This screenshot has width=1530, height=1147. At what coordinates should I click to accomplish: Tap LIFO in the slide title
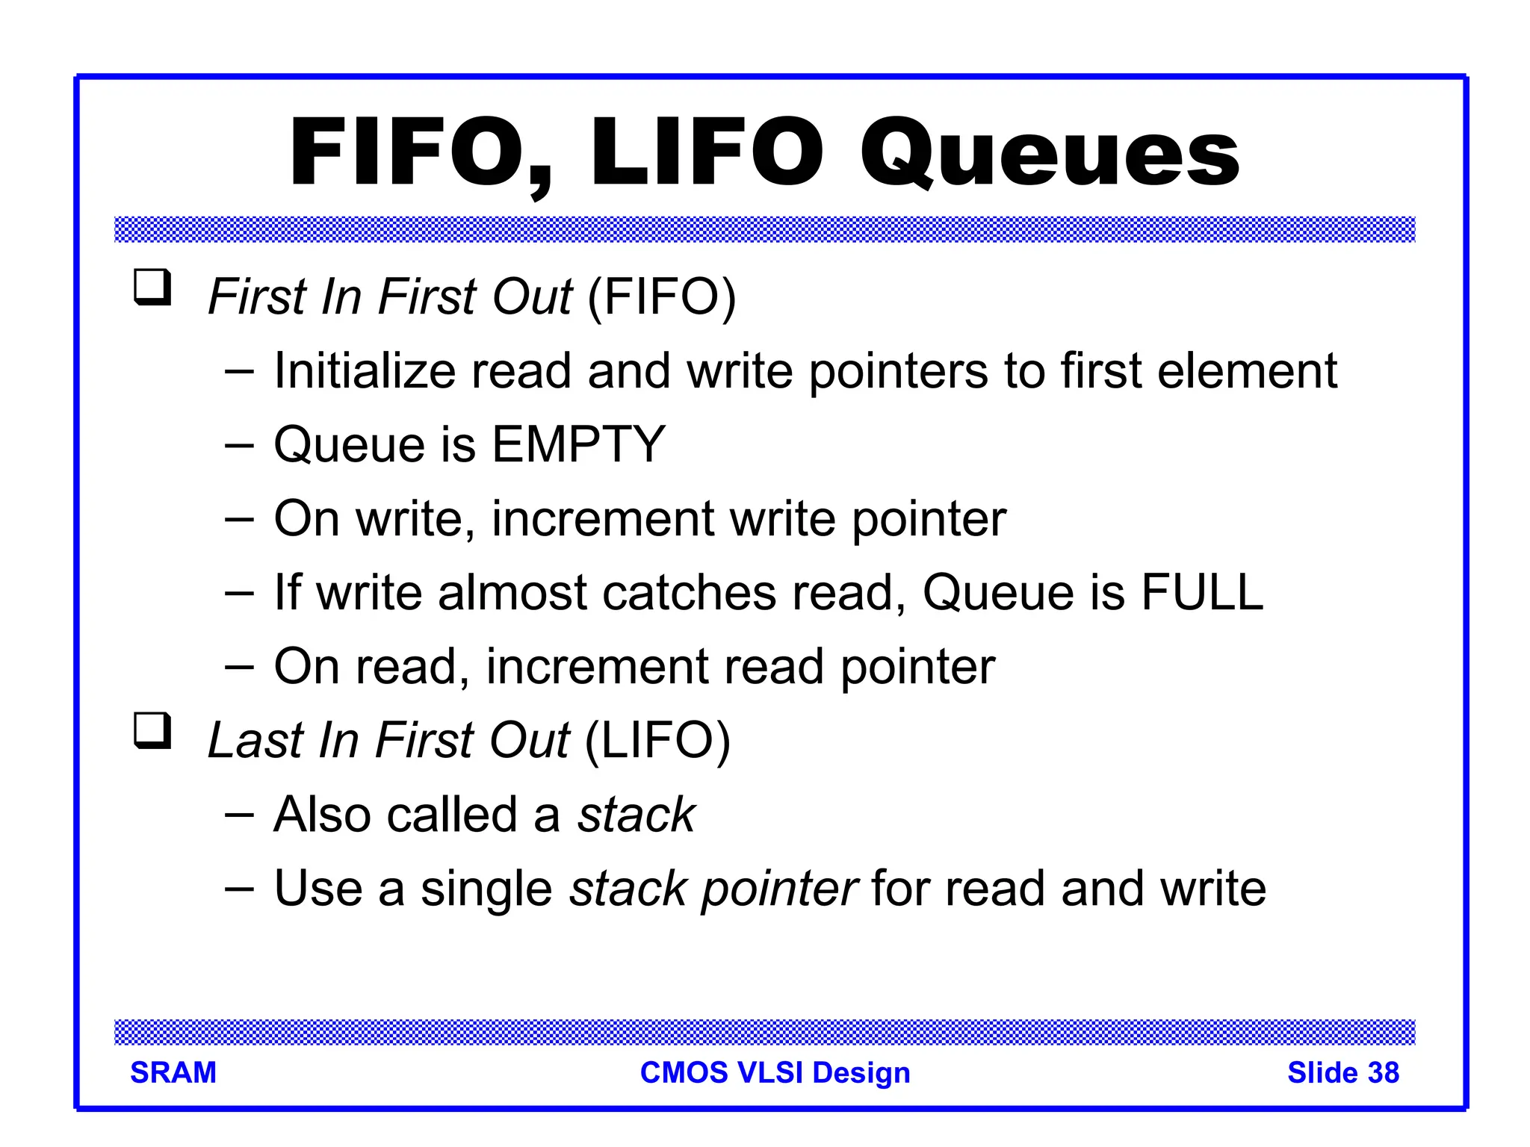coord(706,153)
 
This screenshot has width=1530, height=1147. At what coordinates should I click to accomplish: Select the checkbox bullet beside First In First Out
coord(152,287)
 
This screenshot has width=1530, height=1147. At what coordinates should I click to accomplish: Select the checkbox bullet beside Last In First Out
coord(152,730)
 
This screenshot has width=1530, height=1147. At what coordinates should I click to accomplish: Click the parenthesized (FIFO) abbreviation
coord(662,297)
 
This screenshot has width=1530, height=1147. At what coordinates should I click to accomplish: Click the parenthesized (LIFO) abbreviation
coord(657,741)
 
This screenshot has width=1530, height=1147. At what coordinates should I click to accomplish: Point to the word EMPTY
coord(578,444)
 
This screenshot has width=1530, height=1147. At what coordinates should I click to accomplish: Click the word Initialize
coord(364,370)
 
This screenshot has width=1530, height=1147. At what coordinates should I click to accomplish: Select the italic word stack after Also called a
coord(637,814)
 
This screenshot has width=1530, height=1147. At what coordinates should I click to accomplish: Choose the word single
coord(486,889)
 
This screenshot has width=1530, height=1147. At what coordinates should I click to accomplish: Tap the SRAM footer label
coord(173,1072)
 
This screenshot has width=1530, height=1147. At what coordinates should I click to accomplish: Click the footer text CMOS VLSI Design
coord(775,1072)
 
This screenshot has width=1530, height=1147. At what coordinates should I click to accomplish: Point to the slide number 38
coord(1383,1072)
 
